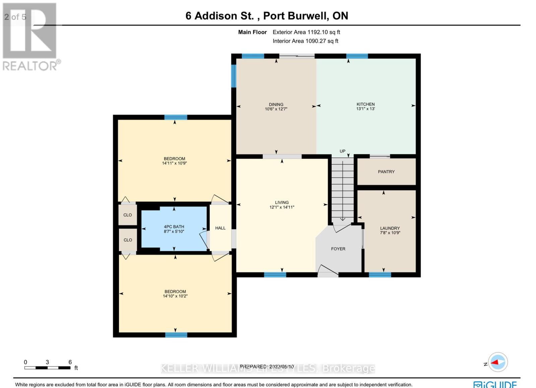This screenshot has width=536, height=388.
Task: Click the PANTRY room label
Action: point(386,172)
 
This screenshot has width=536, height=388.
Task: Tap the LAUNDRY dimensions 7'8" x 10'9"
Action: point(390,233)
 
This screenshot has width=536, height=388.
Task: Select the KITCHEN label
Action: point(365,104)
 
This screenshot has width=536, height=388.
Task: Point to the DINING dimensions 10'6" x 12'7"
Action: point(276,109)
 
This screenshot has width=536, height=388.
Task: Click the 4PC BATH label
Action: point(174,227)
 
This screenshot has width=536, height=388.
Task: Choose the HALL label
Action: point(220,228)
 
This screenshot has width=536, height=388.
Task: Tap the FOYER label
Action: point(338,249)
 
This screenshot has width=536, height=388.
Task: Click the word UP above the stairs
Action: point(342,151)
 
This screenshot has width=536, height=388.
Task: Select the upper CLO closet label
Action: point(128,215)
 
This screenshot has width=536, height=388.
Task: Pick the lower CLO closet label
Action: point(128,240)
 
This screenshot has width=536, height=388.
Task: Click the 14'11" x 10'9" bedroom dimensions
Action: point(174,164)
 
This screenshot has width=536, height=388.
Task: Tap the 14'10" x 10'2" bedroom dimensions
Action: point(175,296)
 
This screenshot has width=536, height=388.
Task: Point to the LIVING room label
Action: point(282,202)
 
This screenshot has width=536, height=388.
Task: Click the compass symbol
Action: point(498,362)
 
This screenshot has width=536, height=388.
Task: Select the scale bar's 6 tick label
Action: point(70,362)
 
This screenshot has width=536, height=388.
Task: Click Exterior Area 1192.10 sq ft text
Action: point(306,32)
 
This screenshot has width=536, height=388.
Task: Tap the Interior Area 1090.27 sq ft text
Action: point(305,41)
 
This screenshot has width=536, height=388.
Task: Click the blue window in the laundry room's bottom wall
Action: point(380,275)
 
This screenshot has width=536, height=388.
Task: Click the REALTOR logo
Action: point(30,37)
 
